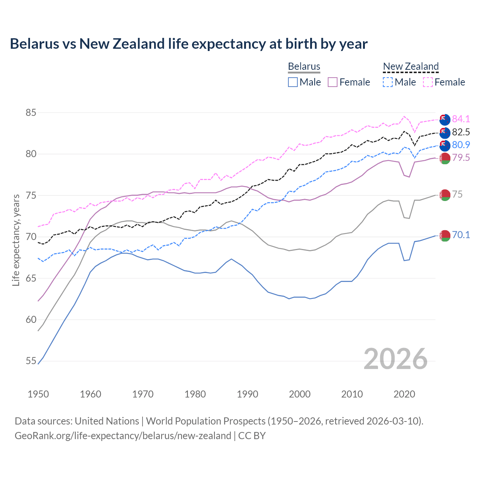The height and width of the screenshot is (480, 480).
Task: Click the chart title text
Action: [189, 44]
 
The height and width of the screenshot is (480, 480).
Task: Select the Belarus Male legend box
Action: [293, 82]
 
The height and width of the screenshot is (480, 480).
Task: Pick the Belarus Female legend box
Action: [333, 82]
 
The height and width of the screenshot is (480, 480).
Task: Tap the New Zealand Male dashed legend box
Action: [388, 82]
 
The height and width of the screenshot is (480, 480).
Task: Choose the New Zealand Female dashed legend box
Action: [428, 82]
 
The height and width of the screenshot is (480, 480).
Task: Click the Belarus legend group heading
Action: [304, 67]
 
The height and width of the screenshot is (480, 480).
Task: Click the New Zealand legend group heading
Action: [411, 67]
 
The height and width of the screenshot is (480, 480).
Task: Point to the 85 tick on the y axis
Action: [31, 112]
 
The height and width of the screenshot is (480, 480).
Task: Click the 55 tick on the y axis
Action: [31, 361]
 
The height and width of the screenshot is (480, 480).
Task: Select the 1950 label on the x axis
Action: [38, 394]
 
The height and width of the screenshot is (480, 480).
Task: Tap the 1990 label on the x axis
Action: [247, 394]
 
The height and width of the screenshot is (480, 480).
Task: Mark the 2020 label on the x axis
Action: [404, 394]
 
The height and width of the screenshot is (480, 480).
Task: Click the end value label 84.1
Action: [461, 119]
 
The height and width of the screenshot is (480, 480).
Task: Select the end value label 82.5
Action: [461, 132]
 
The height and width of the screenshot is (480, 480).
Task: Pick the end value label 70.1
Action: [461, 235]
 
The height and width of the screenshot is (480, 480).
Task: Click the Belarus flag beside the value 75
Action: [445, 195]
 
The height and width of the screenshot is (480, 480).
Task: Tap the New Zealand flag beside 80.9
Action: [445, 145]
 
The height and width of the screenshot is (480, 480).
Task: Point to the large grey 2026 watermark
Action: [396, 359]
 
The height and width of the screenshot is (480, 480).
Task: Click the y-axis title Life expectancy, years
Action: [16, 240]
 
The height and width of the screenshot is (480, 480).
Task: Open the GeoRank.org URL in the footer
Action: [123, 436]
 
